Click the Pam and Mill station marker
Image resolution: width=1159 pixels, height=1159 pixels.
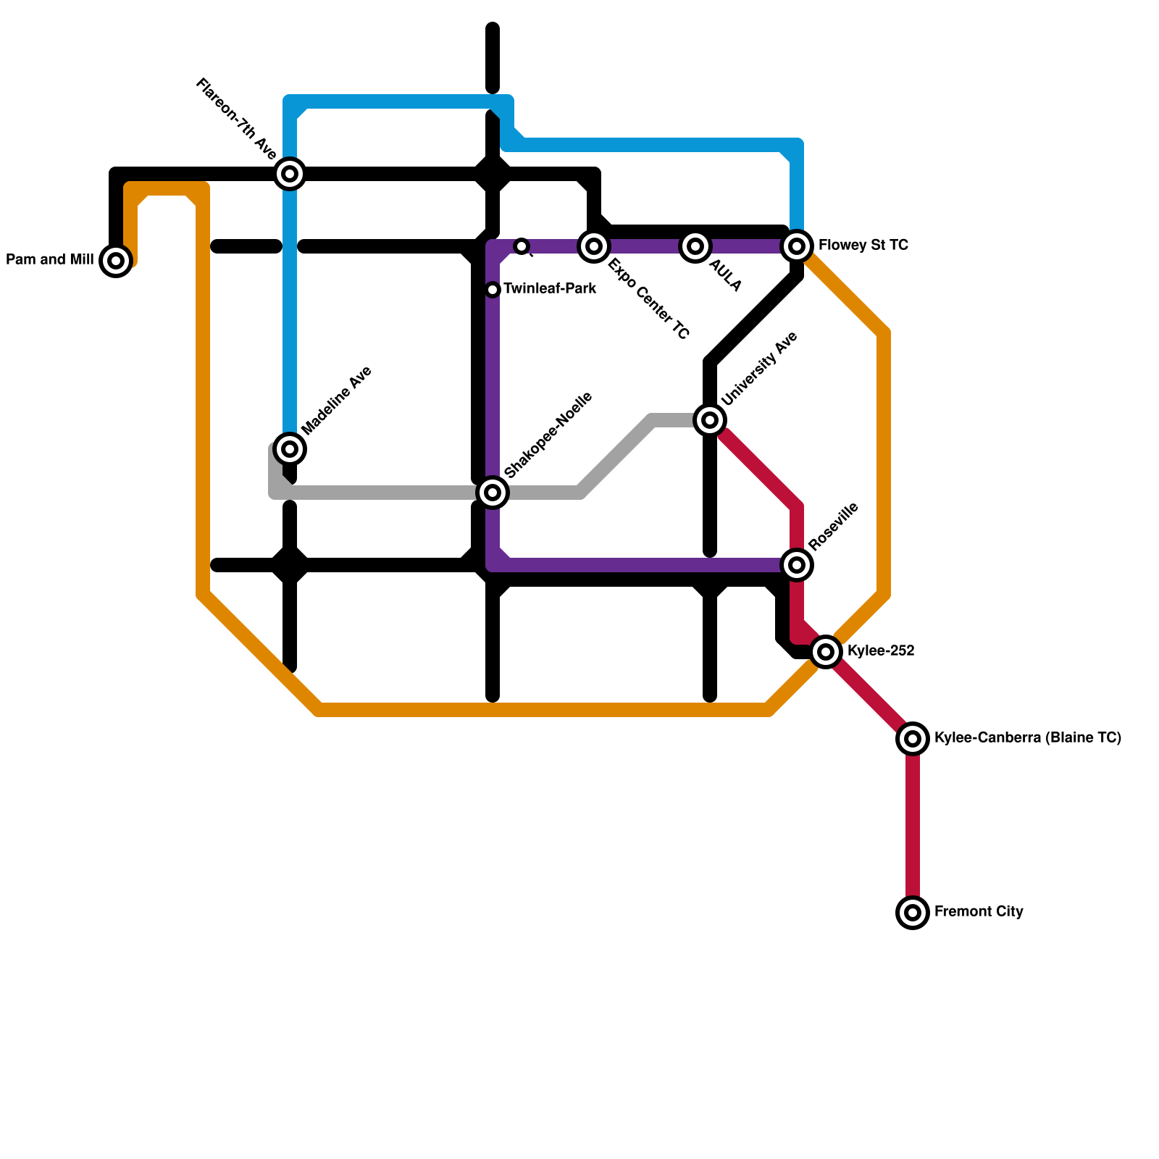coord(116,261)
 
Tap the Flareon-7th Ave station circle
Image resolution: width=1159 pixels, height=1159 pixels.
coord(290,174)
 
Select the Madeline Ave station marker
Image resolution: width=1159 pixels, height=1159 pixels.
coord(290,449)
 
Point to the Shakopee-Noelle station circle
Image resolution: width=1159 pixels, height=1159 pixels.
coord(493,493)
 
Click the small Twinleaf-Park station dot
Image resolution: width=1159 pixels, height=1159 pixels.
coord(493,290)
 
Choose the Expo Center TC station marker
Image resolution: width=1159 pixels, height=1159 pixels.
coord(594,246)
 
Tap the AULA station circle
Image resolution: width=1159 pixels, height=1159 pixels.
coord(695,246)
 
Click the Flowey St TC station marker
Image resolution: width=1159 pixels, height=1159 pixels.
coord(797,246)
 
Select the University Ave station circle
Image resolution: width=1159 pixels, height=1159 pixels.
coord(710,420)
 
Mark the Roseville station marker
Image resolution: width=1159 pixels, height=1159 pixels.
coord(797,565)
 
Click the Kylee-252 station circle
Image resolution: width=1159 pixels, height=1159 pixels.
coord(826,652)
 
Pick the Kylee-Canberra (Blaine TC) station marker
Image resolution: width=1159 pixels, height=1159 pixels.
coord(913,739)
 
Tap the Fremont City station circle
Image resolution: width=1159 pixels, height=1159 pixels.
coord(913,913)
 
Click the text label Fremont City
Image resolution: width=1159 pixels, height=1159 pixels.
coord(979,912)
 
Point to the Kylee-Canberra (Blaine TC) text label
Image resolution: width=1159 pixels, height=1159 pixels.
coord(1027,738)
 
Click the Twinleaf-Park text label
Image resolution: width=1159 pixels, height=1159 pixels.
coord(550,289)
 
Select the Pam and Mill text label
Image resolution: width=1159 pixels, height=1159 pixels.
coord(50,260)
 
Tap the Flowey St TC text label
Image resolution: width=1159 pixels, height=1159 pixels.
coord(863,246)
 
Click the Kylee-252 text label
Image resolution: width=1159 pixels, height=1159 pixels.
coord(881,651)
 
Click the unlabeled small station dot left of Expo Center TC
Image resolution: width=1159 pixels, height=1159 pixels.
coord(522,246)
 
